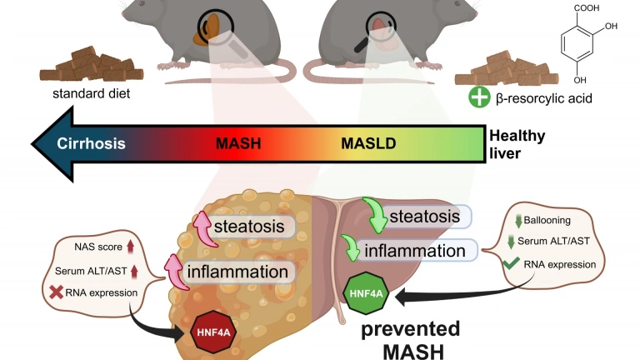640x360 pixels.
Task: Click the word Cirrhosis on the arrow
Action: coord(92,143)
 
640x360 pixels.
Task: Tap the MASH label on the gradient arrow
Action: coord(238,143)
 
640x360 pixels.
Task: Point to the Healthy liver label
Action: coord(517,143)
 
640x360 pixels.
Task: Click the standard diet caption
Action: coord(90,93)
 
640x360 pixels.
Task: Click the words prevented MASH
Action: coord(412,337)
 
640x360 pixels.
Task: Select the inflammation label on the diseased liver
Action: coord(237,272)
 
